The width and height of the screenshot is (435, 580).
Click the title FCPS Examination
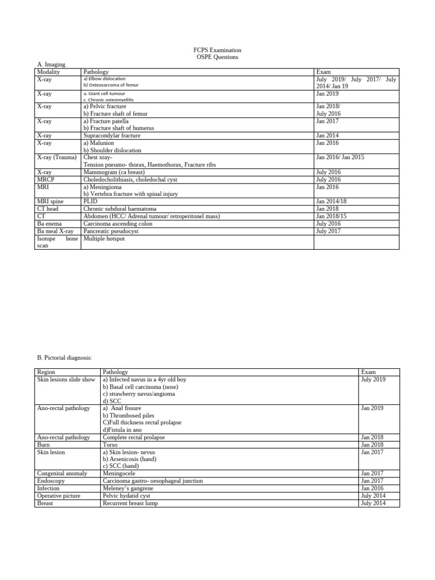217,50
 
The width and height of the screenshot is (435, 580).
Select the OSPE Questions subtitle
217,57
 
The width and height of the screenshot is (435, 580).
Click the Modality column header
49,72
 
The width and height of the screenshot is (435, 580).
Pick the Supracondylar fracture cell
112,136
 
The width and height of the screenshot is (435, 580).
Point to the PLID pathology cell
91,202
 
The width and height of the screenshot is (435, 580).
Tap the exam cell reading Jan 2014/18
331,202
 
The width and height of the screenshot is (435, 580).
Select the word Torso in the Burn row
110,445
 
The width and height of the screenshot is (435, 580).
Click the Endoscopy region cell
52,481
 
